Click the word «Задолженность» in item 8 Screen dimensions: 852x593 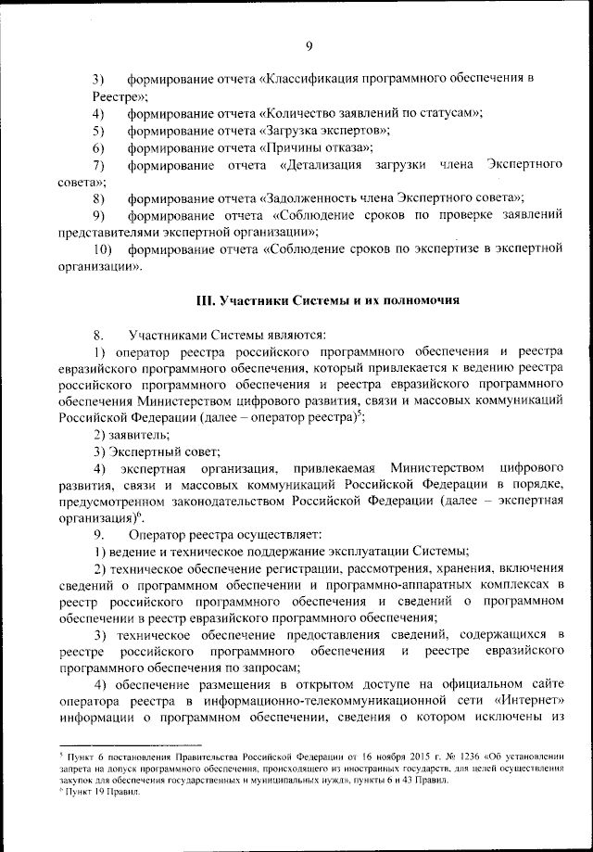pos(322,197)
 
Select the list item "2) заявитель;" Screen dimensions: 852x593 pos(132,434)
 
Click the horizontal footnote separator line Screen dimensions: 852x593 pos(130,744)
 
